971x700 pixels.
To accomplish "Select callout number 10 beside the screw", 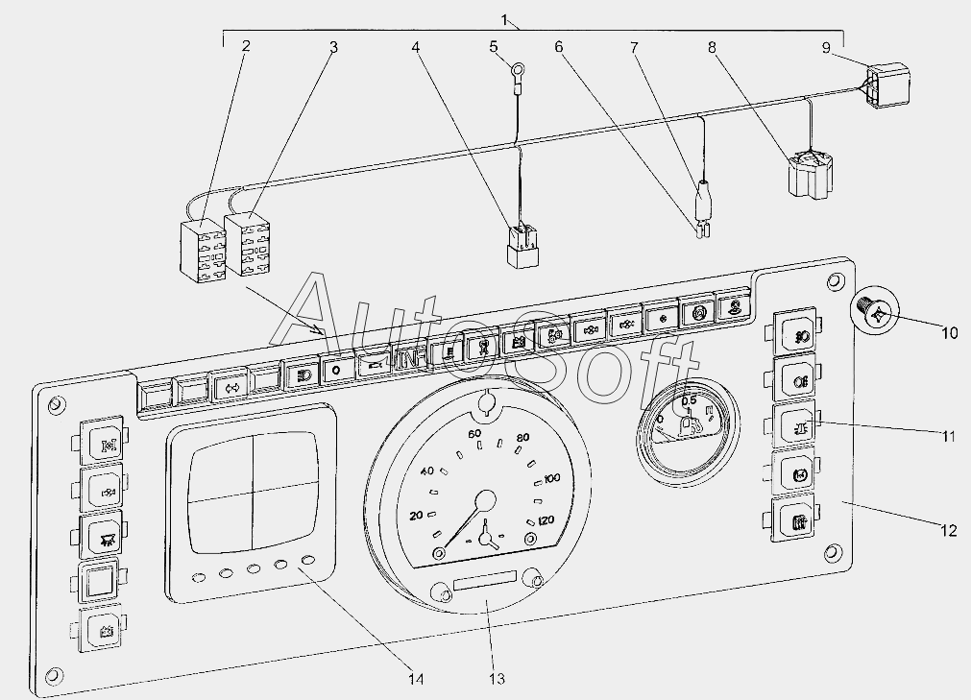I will pos(948,333).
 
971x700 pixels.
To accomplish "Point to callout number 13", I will pos(494,678).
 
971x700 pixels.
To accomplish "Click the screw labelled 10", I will pos(874,313).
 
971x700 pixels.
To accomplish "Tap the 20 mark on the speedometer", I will pos(416,516).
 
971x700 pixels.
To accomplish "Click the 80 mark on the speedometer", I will pos(522,440).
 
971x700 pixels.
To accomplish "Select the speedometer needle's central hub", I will pos(486,501).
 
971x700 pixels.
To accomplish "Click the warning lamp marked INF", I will pos(410,357).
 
